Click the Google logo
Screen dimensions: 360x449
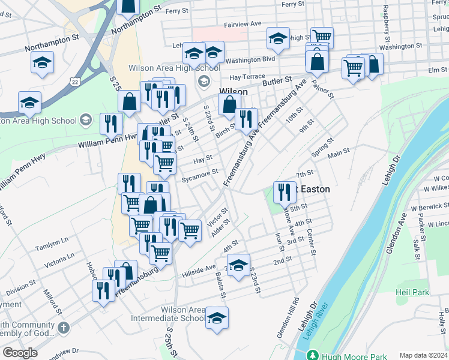point(20,353)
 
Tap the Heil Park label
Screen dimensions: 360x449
point(412,292)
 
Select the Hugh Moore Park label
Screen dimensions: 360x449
point(354,356)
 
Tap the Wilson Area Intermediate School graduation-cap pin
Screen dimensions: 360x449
point(217,318)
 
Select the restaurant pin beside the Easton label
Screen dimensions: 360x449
point(285,192)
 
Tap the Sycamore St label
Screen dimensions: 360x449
point(200,174)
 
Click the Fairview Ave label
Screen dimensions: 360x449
point(243,24)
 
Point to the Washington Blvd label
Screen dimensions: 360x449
point(250,59)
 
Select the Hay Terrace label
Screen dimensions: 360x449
point(247,77)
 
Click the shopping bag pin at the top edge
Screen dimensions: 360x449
point(129,6)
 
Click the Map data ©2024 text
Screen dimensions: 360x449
point(423,355)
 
